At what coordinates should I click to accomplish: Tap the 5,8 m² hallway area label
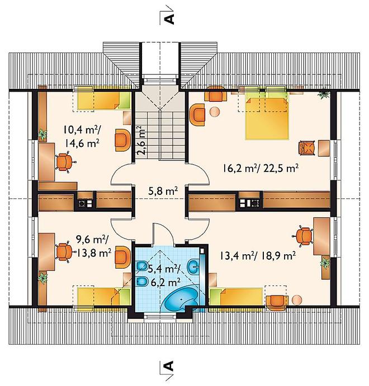tap(163, 191)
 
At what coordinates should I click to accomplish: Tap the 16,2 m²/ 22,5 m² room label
tap(261, 169)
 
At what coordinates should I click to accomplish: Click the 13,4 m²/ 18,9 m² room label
tap(258, 256)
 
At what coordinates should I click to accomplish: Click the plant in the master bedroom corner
tap(323, 94)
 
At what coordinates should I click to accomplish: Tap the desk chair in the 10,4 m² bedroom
tap(65, 162)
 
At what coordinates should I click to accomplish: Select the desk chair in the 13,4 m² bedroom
tap(302, 236)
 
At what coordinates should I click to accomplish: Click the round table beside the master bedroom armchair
tap(215, 112)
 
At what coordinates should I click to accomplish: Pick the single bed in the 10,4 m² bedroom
tap(103, 101)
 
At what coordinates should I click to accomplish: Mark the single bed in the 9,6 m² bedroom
tap(103, 297)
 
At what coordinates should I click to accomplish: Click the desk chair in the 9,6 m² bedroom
tap(65, 251)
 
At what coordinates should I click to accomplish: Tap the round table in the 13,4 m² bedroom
tap(296, 300)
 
